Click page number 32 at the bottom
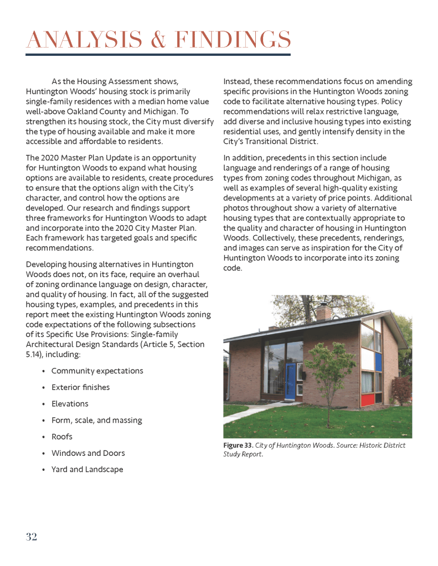click(31, 537)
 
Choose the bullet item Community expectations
click(97, 371)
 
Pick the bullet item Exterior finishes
click(80, 387)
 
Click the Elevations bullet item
click(70, 404)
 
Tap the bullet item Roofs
click(62, 437)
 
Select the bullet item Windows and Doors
click(88, 453)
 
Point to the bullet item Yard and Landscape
click(87, 470)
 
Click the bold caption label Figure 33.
click(238, 445)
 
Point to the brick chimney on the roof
click(323, 313)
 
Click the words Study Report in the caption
click(243, 455)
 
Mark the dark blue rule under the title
click(158, 54)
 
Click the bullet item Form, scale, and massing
click(96, 420)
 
